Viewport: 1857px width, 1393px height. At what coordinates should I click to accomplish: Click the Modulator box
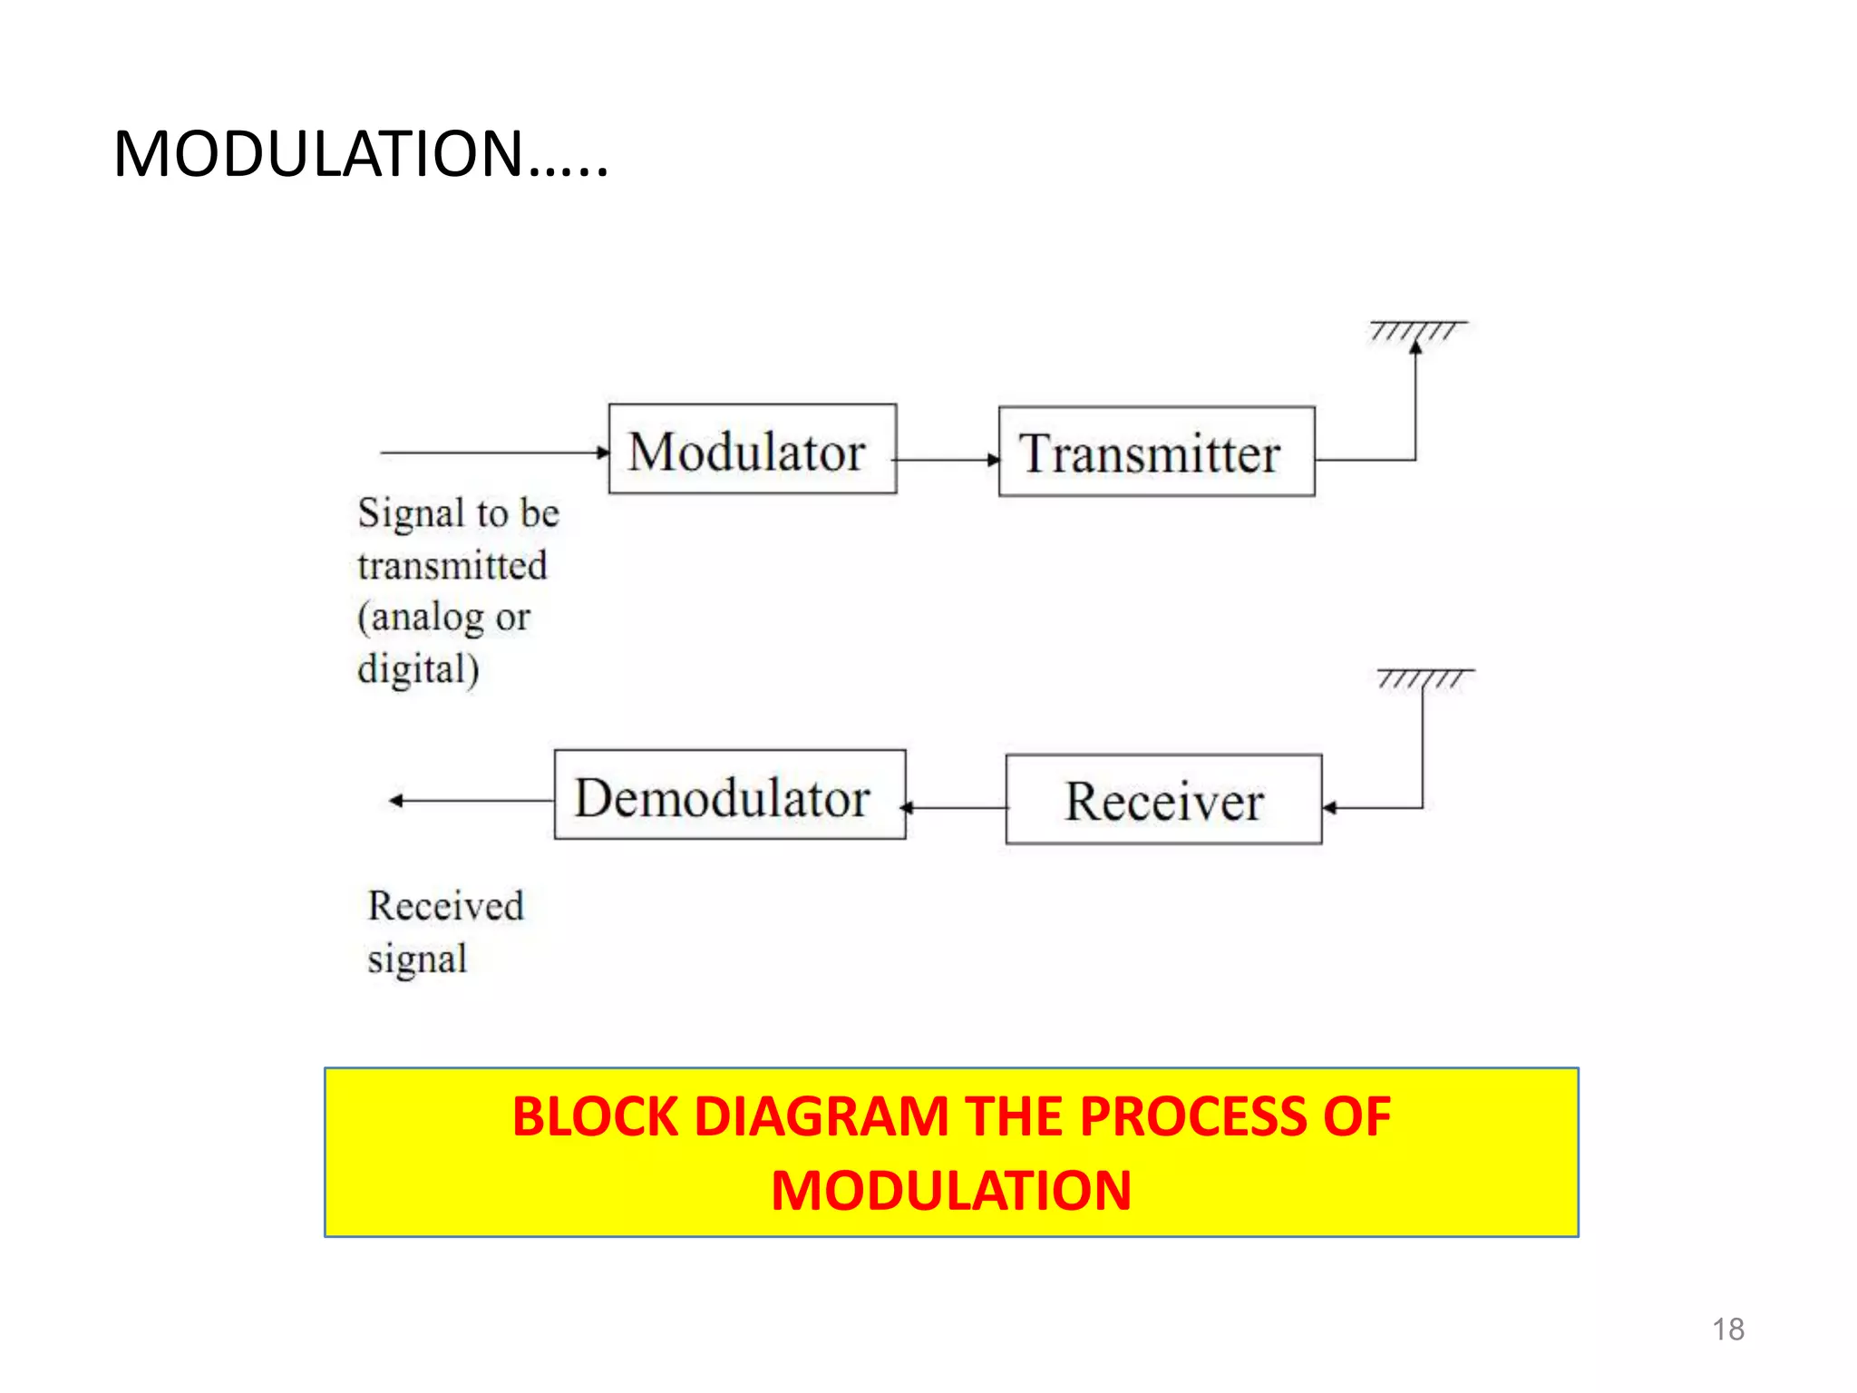(752, 449)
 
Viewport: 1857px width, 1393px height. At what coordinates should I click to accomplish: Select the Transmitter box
(1156, 452)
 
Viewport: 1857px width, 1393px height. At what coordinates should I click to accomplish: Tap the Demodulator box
(729, 794)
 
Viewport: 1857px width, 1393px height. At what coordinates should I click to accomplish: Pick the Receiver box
(1163, 799)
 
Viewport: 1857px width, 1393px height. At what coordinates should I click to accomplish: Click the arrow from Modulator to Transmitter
(947, 460)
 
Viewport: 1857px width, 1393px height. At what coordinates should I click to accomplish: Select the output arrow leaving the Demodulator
(472, 800)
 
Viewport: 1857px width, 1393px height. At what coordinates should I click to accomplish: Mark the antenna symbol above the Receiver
(1424, 677)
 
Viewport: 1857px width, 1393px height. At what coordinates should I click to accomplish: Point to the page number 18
(1727, 1330)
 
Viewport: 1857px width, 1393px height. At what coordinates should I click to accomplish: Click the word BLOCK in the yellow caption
(595, 1116)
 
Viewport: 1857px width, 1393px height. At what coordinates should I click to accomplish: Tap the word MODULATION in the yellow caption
(951, 1190)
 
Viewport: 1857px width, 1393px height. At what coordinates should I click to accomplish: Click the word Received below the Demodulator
(445, 906)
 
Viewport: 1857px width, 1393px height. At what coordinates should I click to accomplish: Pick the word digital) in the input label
(418, 670)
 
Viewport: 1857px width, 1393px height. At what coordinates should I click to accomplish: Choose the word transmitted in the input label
(452, 566)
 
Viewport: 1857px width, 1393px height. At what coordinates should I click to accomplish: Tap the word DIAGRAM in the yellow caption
(821, 1116)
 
